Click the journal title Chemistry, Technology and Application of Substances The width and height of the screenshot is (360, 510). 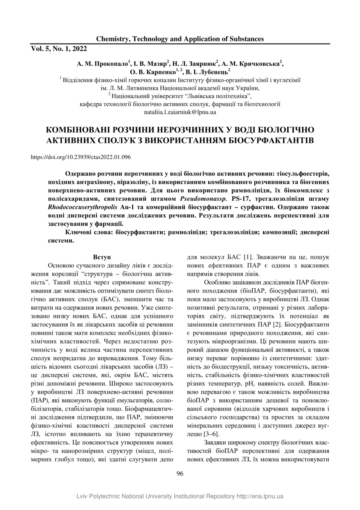tap(180, 39)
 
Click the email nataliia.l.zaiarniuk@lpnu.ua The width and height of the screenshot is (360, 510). tap(180, 112)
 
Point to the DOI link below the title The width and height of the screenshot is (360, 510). tap(81, 157)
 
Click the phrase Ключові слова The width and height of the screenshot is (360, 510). tap(89, 232)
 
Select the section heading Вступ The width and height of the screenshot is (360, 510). tap(102, 256)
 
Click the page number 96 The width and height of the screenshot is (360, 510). tap(180, 473)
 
